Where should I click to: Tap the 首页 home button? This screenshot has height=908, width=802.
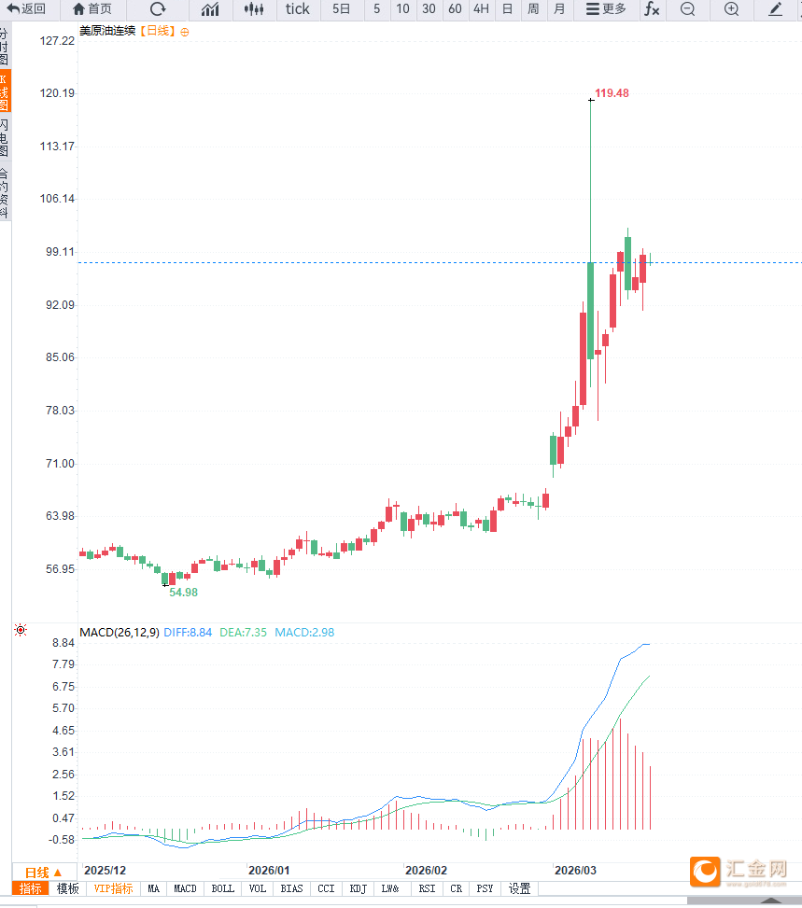(x=91, y=9)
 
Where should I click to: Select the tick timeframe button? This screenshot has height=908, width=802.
(x=297, y=9)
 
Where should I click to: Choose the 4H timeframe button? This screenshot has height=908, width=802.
(x=480, y=9)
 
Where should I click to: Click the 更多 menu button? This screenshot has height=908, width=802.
(x=606, y=9)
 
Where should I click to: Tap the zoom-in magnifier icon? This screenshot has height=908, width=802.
(x=731, y=9)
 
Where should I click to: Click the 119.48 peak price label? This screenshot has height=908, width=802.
(x=612, y=93)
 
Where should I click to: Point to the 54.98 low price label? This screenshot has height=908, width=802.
(x=183, y=593)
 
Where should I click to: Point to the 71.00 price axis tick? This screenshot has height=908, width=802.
(x=58, y=464)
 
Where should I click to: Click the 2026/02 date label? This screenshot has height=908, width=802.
(x=426, y=870)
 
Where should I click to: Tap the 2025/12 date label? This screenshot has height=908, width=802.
(x=105, y=870)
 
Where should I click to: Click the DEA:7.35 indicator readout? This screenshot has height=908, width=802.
(x=244, y=633)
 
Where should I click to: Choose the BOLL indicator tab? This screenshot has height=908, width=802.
(x=222, y=889)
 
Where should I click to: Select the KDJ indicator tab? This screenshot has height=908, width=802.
(x=359, y=889)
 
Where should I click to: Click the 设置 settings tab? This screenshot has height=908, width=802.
(x=519, y=889)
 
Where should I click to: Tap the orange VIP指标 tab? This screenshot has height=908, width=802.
(x=114, y=889)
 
